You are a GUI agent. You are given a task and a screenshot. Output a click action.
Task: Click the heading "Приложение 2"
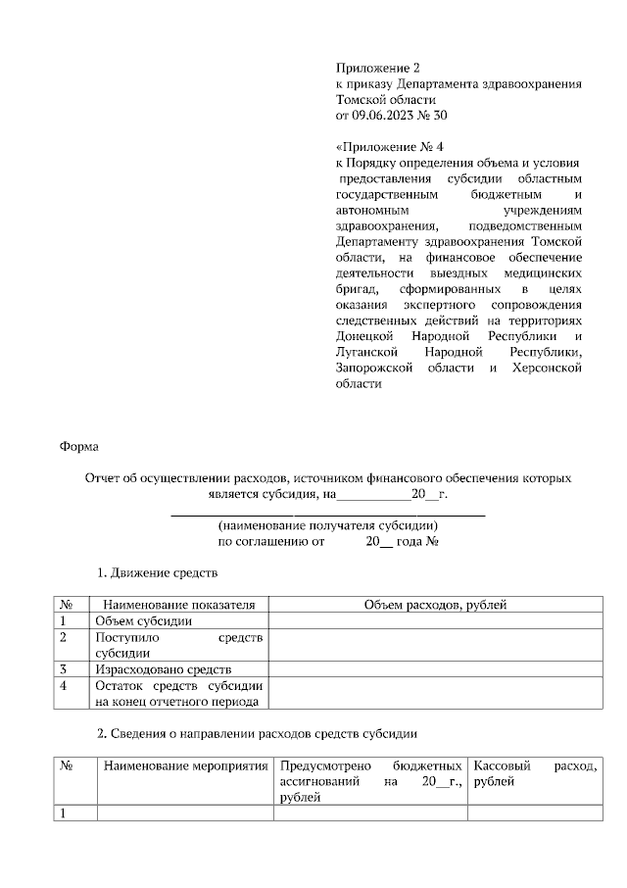point(377,68)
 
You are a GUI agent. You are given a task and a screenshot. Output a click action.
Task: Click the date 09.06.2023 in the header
point(385,116)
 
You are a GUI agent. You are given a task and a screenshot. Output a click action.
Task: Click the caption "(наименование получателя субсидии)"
point(328,525)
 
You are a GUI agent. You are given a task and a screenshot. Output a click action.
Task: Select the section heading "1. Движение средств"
point(157,571)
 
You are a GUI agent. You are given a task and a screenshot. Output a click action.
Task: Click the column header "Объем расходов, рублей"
point(435,605)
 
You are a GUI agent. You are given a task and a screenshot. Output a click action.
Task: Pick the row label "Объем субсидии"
point(143,620)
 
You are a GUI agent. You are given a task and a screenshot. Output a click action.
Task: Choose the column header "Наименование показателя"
point(178,605)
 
